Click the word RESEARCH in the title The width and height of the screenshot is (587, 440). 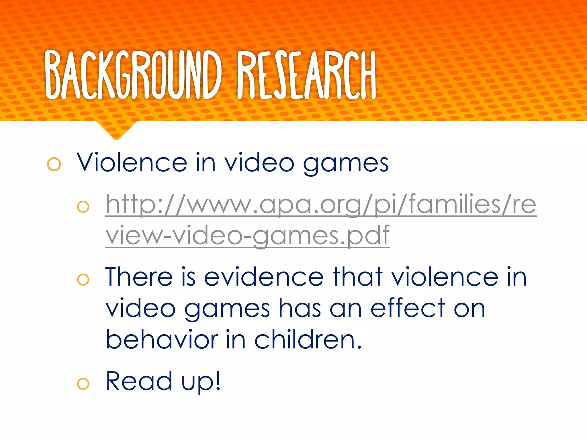pos(306,75)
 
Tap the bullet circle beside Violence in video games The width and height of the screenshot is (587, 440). pos(54,164)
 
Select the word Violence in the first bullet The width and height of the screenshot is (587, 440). pos(132,163)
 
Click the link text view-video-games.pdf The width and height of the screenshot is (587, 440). pos(247,235)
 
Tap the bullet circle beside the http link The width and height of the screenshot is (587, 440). pos(83,207)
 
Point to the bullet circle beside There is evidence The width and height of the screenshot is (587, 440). pos(83,280)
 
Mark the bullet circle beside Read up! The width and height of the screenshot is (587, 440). pos(83,384)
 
